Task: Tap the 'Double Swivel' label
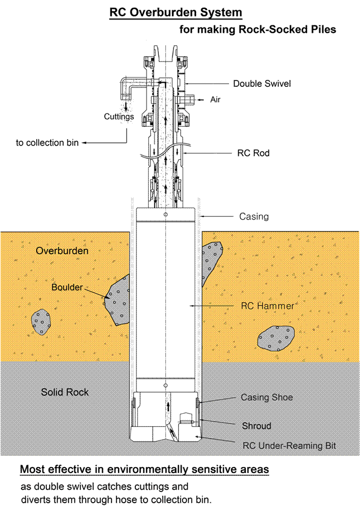tap(261, 84)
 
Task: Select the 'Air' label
tap(216, 100)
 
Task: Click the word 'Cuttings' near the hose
tap(120, 117)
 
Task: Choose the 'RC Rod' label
tap(253, 153)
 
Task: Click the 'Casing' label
tap(253, 216)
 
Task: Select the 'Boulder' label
tap(67, 288)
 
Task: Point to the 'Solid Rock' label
tap(65, 392)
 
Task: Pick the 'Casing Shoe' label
tap(267, 398)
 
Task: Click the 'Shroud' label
tap(256, 426)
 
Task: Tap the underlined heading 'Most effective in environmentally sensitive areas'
tap(144, 469)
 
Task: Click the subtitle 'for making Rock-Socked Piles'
tap(258, 30)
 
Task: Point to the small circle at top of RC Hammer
tap(166, 215)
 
